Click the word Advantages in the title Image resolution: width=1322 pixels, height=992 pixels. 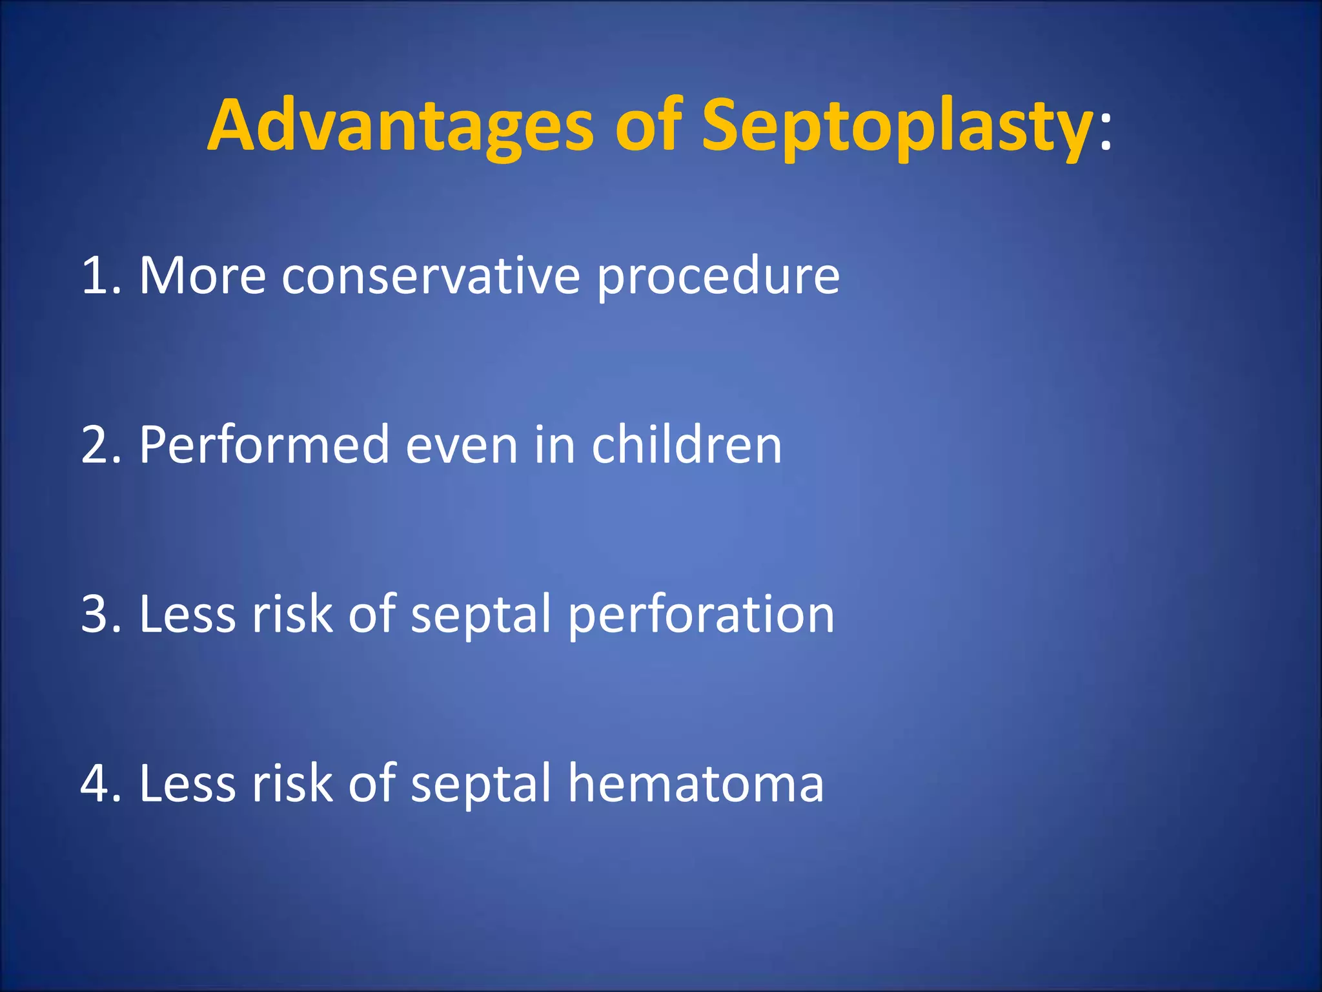[400, 126]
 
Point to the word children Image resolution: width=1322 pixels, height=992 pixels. [686, 446]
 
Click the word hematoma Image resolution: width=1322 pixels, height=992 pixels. [695, 783]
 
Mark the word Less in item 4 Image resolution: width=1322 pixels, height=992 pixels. [187, 783]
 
